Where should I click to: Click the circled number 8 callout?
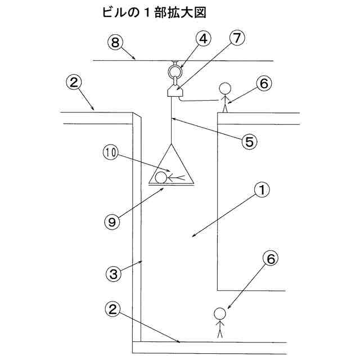pyautogui.click(x=115, y=42)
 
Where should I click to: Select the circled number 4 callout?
pyautogui.click(x=204, y=39)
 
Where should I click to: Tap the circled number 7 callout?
pyautogui.click(x=237, y=39)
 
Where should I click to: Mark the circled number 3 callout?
pyautogui.click(x=114, y=274)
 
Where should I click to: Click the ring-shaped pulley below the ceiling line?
pyautogui.click(x=174, y=71)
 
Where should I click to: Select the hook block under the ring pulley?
pyautogui.click(x=174, y=90)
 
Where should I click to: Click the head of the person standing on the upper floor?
pyautogui.click(x=225, y=89)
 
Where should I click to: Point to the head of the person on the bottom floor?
pyautogui.click(x=220, y=314)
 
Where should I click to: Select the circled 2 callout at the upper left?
pyautogui.click(x=74, y=83)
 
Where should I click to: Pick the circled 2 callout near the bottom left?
pyautogui.click(x=112, y=309)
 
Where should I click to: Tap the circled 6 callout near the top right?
pyautogui.click(x=264, y=83)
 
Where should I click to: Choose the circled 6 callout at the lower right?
pyautogui.click(x=271, y=258)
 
